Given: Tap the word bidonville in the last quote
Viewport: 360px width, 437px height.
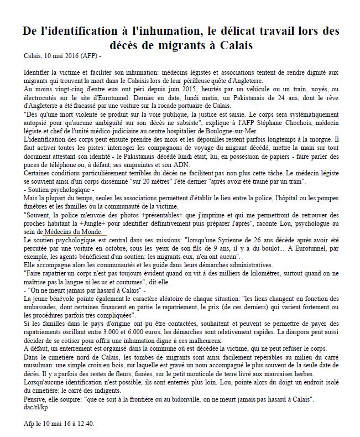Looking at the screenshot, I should click(x=187, y=398).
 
